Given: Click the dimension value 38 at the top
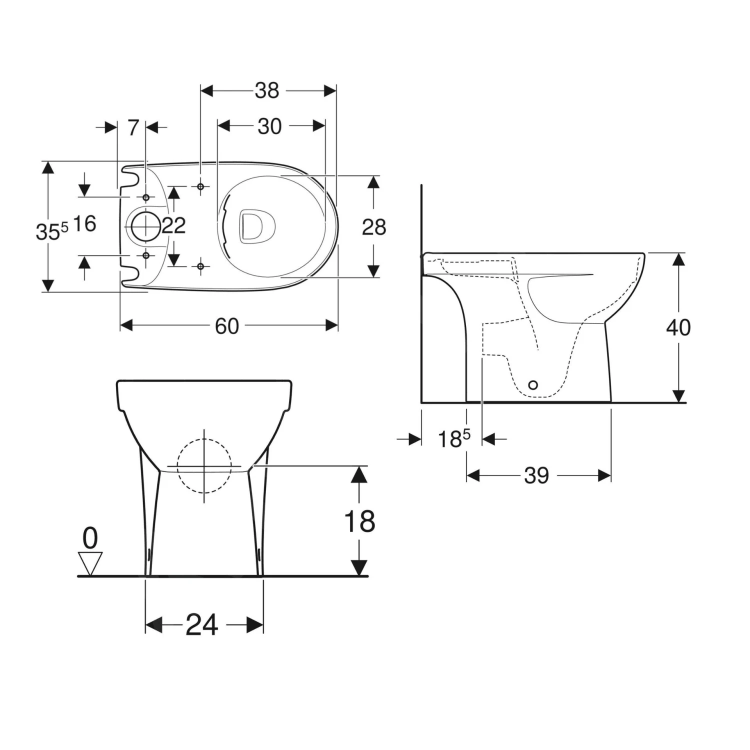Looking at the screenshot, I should click(267, 90).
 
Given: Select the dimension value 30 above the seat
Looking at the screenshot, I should click(269, 126).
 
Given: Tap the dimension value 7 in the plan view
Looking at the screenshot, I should click(132, 128).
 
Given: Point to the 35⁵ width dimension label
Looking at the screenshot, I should click(51, 231).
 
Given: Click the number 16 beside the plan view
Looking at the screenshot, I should click(84, 223).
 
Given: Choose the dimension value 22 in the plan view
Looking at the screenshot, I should click(174, 225).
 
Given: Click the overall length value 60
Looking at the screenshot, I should click(227, 326).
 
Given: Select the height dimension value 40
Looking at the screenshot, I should click(678, 327).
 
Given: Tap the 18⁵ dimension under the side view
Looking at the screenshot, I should click(453, 439).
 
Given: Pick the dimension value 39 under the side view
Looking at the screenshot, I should click(536, 475).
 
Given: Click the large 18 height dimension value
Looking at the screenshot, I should click(359, 521).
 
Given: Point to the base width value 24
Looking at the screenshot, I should click(202, 624).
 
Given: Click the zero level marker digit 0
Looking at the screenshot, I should click(90, 538).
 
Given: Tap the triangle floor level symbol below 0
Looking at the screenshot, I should click(90, 562).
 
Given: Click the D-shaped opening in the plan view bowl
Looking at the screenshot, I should click(257, 226).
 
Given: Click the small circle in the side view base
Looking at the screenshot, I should click(533, 385).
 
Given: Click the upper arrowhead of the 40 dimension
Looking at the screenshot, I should click(678, 260).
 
